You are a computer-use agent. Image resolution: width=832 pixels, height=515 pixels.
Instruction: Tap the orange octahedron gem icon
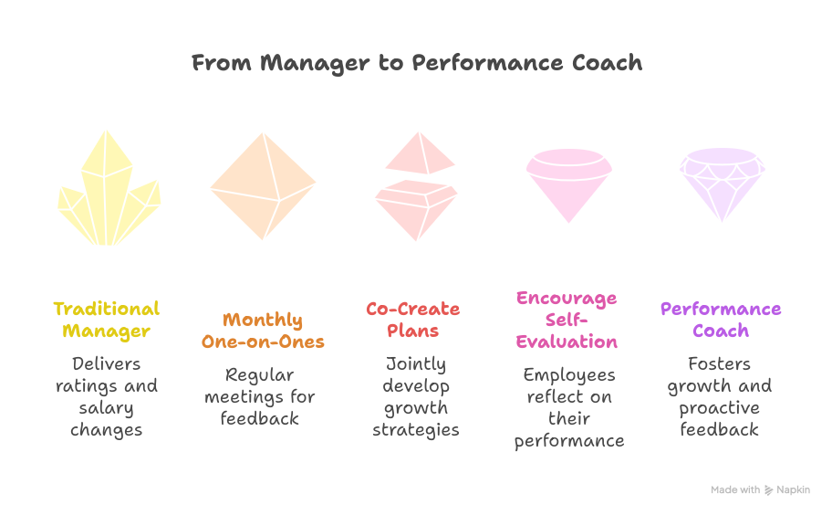tap(263, 186)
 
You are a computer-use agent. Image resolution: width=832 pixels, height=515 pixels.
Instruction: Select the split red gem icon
tap(417, 186)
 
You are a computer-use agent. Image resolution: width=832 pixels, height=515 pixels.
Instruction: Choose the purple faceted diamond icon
tap(723, 184)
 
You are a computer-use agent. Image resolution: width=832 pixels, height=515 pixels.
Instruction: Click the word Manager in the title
tap(315, 64)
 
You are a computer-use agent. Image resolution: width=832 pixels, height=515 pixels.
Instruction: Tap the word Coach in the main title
tap(607, 63)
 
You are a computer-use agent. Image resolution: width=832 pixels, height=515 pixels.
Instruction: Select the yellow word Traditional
tap(107, 309)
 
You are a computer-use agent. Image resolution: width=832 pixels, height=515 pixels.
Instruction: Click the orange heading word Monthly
tap(263, 321)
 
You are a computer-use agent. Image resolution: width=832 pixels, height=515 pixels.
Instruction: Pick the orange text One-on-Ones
tap(263, 342)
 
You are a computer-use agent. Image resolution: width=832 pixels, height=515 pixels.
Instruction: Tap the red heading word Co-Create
tap(413, 309)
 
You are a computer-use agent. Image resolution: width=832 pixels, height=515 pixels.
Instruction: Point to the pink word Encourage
tap(567, 299)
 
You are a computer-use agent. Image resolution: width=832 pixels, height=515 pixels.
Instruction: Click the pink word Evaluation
tap(567, 342)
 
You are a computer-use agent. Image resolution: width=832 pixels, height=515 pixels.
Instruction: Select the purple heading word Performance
tap(721, 309)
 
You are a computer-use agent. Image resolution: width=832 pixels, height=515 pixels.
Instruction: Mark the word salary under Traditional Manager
tap(106, 408)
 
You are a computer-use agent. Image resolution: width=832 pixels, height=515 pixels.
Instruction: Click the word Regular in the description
tap(259, 375)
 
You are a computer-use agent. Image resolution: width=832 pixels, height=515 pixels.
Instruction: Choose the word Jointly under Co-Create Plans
tap(416, 364)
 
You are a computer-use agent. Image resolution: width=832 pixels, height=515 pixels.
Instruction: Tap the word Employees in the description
tap(569, 375)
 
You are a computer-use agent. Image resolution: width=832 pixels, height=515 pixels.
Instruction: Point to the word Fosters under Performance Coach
tap(720, 363)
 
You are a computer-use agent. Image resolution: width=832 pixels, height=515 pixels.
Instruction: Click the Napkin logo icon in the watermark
tap(768, 490)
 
